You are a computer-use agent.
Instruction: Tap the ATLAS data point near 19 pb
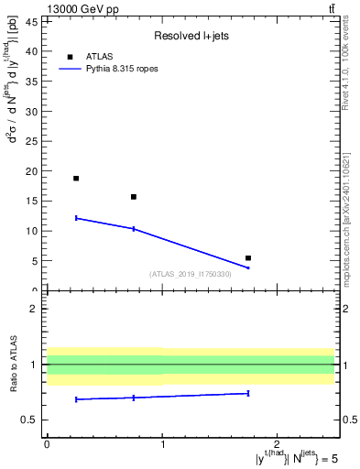(x=76, y=179)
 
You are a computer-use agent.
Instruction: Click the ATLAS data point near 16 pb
(x=134, y=197)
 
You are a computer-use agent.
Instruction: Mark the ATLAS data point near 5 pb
(x=248, y=258)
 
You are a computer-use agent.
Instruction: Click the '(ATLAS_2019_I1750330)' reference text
(x=191, y=274)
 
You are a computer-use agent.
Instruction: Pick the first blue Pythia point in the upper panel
(x=76, y=218)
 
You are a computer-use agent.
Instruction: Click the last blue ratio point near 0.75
(x=248, y=393)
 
